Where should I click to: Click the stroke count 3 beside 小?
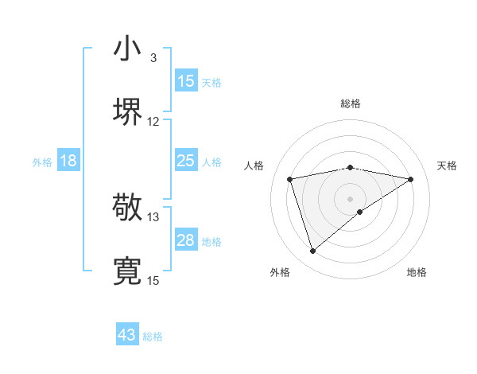click(153, 57)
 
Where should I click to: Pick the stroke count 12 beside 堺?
click(153, 122)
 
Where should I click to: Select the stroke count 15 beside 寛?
click(153, 281)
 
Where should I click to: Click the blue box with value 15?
click(186, 81)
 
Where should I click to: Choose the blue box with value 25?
click(186, 161)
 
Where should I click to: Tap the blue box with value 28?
click(186, 240)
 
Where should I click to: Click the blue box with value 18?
click(68, 162)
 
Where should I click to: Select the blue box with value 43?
click(127, 336)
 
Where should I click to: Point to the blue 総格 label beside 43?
click(153, 337)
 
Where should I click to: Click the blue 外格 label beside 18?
click(42, 162)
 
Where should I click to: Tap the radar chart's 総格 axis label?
click(351, 103)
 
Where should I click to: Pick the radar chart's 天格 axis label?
click(448, 166)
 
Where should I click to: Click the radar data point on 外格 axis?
click(312, 251)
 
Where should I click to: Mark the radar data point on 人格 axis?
click(290, 178)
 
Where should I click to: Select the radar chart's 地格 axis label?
click(417, 273)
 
